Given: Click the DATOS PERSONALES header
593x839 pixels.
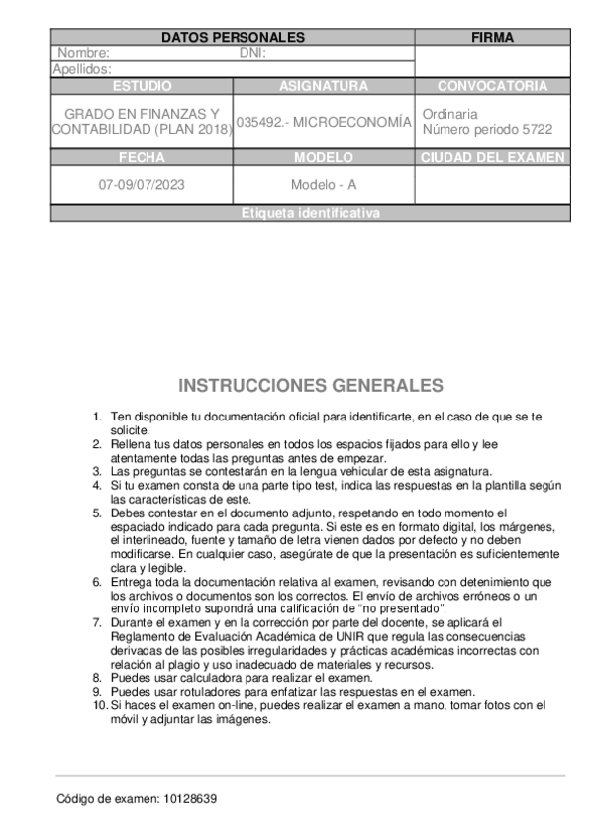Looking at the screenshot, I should (233, 38).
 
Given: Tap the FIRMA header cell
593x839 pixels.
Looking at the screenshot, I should (492, 38).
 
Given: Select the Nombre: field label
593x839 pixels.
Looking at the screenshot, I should (83, 53).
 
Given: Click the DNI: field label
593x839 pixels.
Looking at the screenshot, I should (254, 53).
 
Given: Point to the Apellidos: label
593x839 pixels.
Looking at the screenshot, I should (81, 69).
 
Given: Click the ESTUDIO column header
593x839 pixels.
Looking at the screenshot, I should (142, 86).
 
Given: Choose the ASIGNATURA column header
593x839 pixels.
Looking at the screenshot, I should (324, 86).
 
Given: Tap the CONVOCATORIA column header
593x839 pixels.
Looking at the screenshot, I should (492, 86).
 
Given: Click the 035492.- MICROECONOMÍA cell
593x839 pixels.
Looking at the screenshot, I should (324, 122).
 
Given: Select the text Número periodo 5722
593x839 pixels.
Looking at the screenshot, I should (487, 130).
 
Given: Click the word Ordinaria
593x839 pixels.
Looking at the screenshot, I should (449, 114).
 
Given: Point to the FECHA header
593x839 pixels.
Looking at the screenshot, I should (142, 157).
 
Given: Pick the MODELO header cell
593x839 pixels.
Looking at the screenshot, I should (324, 157).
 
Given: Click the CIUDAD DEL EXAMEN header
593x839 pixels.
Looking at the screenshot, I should (492, 157).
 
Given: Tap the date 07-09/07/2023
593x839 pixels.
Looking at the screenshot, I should (142, 185).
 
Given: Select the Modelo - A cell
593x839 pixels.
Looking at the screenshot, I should (324, 185).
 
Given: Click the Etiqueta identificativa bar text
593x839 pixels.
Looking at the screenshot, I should (310, 213).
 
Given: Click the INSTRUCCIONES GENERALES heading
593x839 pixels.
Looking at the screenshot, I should (310, 386).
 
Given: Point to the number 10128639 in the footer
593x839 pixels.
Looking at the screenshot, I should (189, 798).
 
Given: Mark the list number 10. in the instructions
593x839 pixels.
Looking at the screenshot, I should (99, 705).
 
